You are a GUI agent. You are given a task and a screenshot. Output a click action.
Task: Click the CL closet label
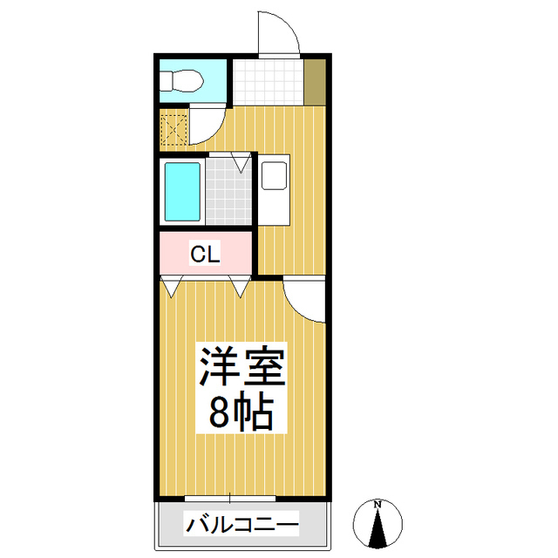click(206, 254)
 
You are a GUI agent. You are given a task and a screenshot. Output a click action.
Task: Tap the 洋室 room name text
click(243, 367)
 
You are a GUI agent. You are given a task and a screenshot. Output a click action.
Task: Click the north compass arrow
click(378, 530)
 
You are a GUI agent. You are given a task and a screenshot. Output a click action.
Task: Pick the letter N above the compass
click(378, 504)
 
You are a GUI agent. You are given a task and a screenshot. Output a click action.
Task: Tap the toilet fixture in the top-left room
click(180, 80)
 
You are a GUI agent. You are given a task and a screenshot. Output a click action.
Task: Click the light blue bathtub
click(183, 192)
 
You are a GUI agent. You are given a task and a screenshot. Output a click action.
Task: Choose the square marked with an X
click(174, 129)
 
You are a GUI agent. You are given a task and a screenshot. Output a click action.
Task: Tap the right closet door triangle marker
click(239, 284)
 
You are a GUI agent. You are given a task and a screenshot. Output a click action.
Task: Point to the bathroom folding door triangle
click(241, 162)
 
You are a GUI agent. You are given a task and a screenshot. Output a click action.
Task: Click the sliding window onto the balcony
click(230, 499)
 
